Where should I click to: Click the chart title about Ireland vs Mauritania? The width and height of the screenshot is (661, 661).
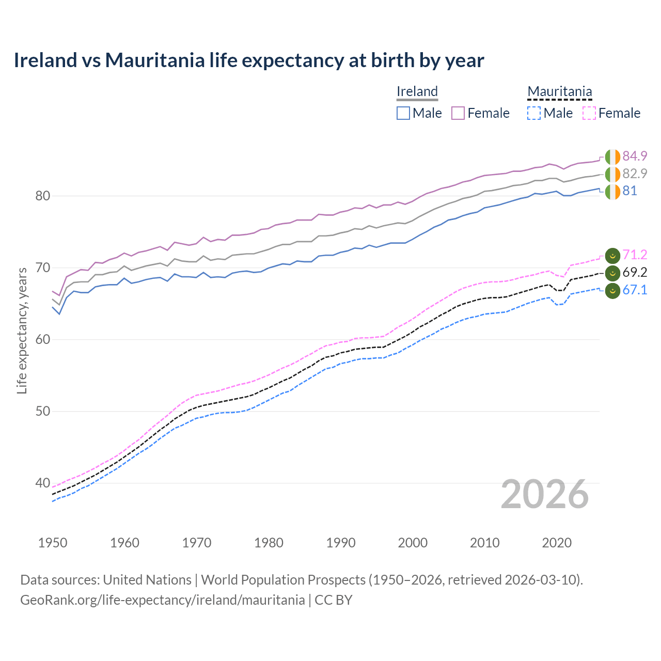(x=249, y=60)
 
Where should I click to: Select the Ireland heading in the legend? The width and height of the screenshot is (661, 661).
(x=417, y=91)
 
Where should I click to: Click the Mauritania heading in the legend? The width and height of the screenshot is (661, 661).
(x=559, y=91)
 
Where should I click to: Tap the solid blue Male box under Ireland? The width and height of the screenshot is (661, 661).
(x=403, y=113)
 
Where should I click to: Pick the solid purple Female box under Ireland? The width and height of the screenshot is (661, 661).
(x=458, y=113)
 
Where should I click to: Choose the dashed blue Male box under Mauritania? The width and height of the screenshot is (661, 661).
(x=534, y=113)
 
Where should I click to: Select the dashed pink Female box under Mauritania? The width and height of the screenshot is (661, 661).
(x=589, y=113)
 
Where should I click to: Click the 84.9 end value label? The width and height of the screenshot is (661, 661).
(x=635, y=156)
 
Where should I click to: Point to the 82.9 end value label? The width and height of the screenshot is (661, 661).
(x=635, y=174)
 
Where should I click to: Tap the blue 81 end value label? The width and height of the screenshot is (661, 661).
(x=629, y=191)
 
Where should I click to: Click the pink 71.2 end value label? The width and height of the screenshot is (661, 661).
(x=635, y=255)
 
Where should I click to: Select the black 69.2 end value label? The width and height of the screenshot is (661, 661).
(x=635, y=272)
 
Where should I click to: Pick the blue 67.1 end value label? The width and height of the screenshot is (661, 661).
(x=635, y=290)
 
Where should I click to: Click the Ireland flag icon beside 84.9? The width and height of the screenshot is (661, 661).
(x=612, y=156)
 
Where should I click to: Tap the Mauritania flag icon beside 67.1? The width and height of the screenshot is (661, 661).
(x=612, y=291)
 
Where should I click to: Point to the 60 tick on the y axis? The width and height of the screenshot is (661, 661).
(x=43, y=339)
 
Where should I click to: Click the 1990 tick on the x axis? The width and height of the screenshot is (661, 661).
(x=341, y=543)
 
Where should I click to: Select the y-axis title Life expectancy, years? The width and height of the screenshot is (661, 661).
(x=22, y=330)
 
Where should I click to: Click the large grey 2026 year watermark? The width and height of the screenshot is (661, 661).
(x=545, y=494)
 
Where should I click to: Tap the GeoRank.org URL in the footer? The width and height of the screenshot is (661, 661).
(x=163, y=600)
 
